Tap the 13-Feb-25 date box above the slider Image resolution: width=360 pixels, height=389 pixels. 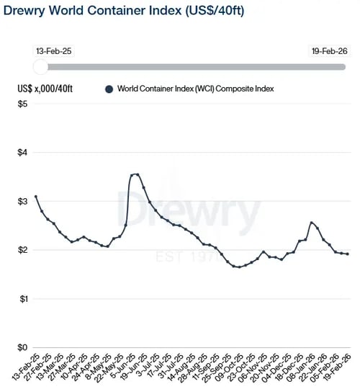(x=53, y=52)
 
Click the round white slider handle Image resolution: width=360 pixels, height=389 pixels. (x=42, y=67)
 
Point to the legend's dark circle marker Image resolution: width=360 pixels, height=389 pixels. (x=109, y=89)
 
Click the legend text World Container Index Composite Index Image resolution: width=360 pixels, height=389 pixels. (x=197, y=89)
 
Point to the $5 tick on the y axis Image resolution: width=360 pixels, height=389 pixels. (x=23, y=104)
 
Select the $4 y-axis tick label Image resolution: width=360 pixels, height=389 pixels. (x=23, y=153)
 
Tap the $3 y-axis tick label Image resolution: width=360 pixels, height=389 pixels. (x=23, y=202)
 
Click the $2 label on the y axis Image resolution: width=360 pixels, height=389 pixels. (x=23, y=251)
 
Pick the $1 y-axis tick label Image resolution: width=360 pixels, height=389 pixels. (x=23, y=299)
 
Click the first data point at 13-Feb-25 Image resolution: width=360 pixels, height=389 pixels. (x=36, y=197)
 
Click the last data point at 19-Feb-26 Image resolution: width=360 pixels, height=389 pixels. (x=348, y=254)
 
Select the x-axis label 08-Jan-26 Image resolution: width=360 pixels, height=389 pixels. (x=301, y=367)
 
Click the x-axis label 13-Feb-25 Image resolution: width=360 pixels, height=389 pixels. (x=24, y=367)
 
